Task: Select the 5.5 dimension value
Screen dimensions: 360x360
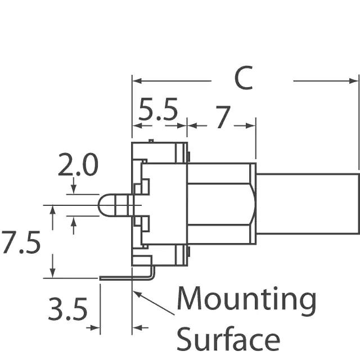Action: point(158,111)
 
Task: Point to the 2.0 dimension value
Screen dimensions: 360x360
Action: point(78,166)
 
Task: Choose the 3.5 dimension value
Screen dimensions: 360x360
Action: point(67,310)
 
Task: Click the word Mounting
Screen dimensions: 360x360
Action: point(246,300)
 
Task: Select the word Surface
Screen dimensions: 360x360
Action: point(228,340)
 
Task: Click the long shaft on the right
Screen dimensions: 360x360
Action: point(307,204)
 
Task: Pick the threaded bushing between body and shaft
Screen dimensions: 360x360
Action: point(221,204)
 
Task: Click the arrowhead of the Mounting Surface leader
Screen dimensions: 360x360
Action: point(136,293)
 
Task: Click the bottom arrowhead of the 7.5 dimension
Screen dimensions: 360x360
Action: point(52,274)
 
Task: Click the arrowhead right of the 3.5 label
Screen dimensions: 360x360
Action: point(96,327)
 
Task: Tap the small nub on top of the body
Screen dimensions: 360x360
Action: point(151,141)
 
